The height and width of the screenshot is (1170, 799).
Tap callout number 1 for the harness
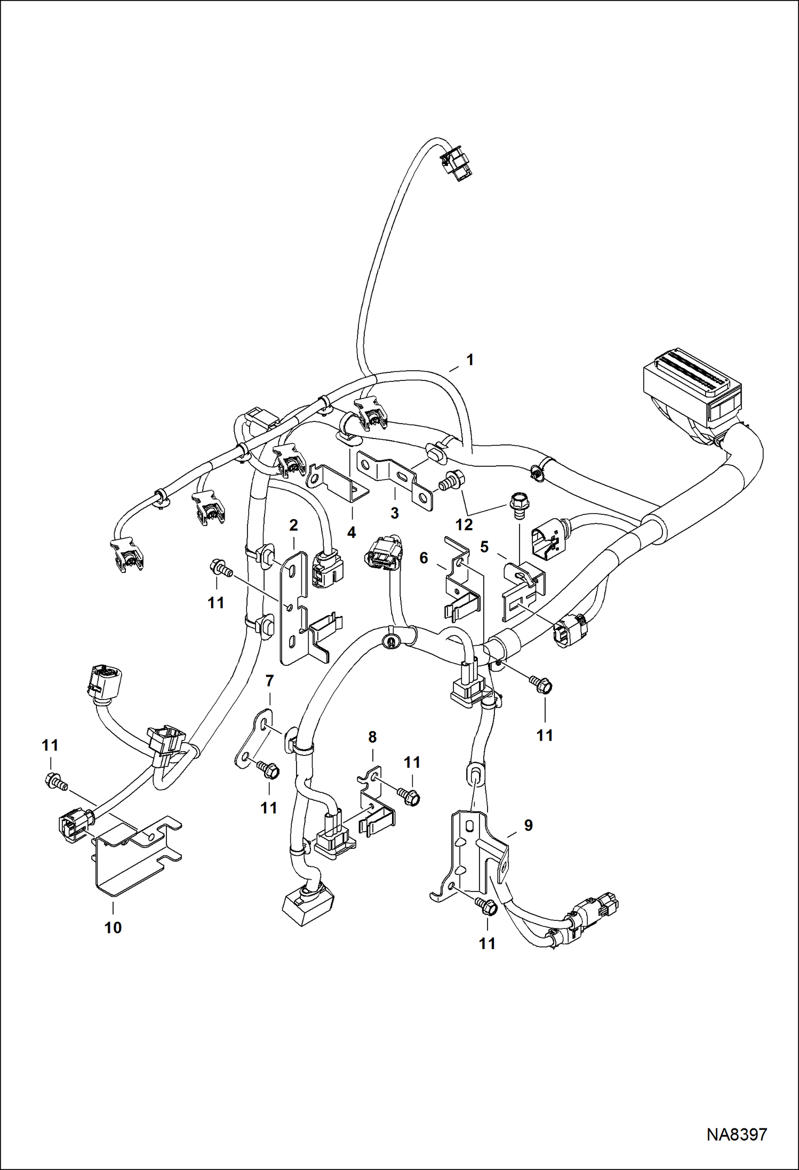[470, 360]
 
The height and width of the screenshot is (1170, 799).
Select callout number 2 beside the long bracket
[293, 526]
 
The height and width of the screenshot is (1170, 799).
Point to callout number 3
[394, 513]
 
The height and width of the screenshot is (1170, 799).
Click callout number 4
[351, 532]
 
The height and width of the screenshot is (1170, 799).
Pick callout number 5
[484, 547]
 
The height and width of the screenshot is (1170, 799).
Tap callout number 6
[424, 558]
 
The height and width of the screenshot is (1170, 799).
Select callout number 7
[269, 681]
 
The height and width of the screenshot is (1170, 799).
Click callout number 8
[372, 737]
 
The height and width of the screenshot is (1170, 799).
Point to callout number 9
[528, 825]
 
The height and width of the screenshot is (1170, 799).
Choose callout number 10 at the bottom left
[113, 927]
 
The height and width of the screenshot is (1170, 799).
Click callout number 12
[464, 524]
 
